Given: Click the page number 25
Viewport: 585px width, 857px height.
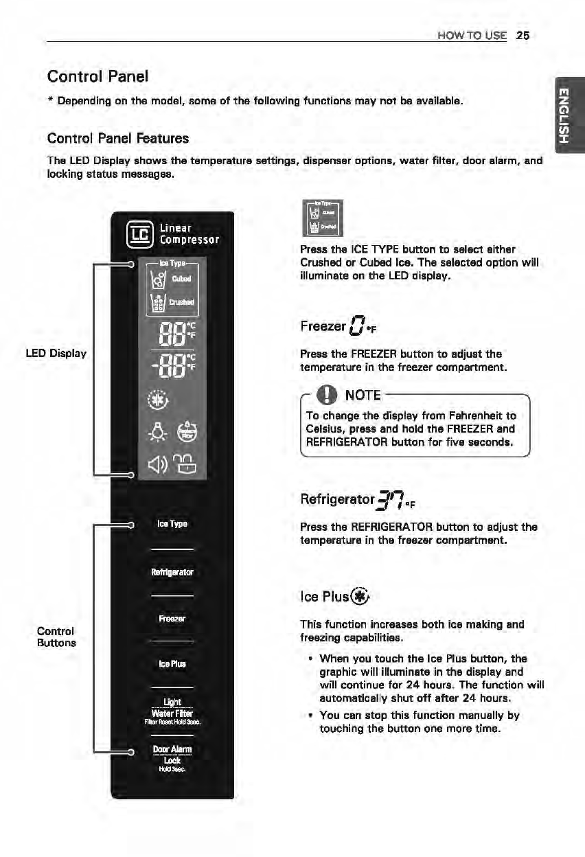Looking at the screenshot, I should (523, 35).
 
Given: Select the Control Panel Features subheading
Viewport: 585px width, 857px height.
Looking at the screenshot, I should (118, 138).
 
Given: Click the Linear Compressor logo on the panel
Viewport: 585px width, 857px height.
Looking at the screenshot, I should (172, 233).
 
